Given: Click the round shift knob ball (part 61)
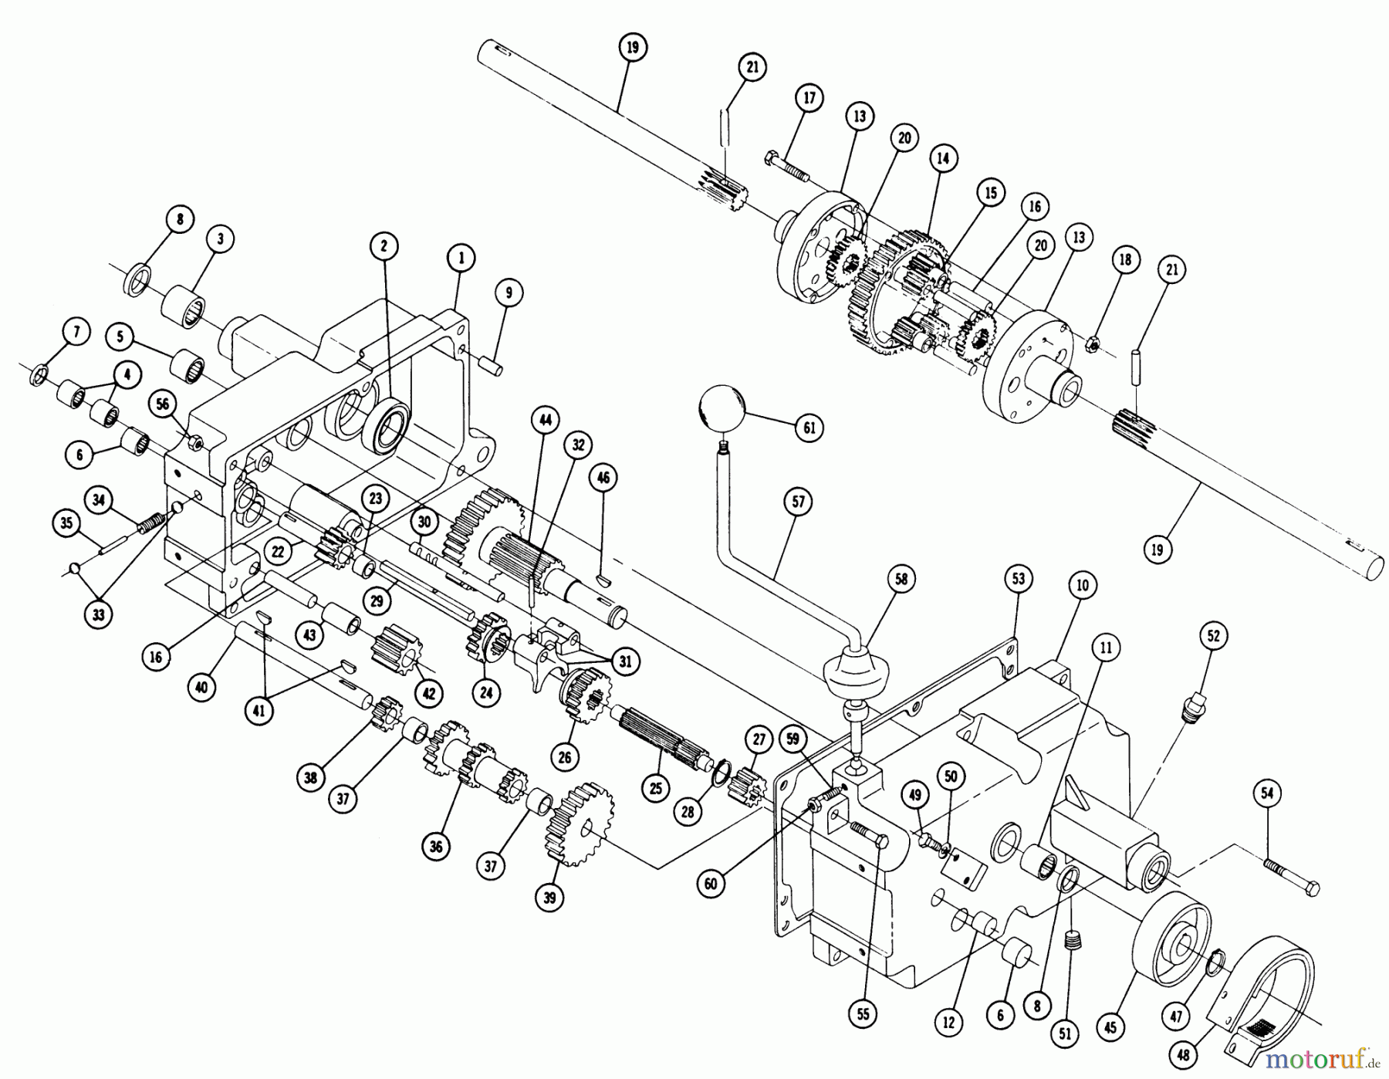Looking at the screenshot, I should [x=722, y=409].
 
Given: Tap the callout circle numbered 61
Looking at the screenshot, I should [x=809, y=428].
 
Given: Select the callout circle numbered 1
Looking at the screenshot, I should [x=461, y=259].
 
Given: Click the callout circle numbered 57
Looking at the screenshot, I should [x=798, y=502].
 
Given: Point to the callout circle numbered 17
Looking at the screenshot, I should [x=809, y=99].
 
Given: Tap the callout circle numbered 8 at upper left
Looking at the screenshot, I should [x=180, y=219].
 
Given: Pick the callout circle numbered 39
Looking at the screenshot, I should [x=549, y=898].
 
